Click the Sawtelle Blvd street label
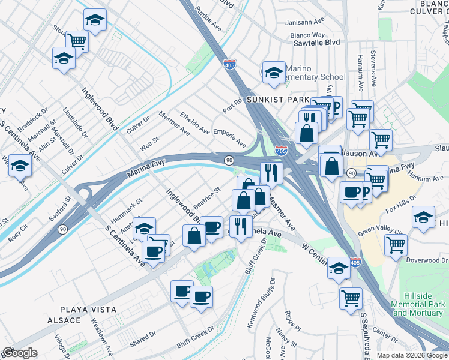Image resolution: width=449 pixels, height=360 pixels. click(315, 43)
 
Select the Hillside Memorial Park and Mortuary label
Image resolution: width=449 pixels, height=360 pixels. click(419, 308)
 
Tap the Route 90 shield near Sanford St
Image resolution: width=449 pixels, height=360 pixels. click(62, 229)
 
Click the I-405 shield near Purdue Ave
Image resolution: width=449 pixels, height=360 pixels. click(229, 64)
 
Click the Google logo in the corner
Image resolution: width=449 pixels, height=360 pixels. click(20, 353)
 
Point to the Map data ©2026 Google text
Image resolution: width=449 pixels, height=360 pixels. click(412, 355)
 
